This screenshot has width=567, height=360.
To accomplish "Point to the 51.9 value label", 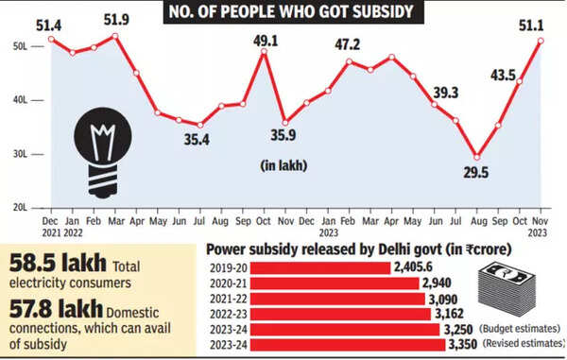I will [x=115, y=21].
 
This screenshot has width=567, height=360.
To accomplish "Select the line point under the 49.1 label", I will [x=265, y=52].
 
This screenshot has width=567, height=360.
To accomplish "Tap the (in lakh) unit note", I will [x=283, y=164].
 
